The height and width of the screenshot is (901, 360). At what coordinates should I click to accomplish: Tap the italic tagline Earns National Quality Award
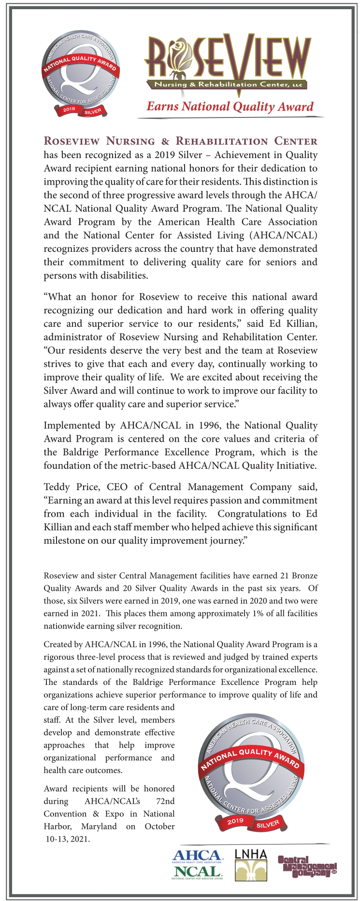tap(230, 107)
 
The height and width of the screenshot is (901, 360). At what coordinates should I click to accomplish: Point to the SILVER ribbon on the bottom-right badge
tap(268, 824)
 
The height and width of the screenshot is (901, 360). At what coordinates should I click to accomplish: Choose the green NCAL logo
tap(197, 872)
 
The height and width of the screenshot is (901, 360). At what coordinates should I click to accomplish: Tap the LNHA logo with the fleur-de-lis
tap(251, 865)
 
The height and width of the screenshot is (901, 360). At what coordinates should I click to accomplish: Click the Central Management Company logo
tap(307, 866)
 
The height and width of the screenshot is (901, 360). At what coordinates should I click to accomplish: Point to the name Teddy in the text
tap(57, 487)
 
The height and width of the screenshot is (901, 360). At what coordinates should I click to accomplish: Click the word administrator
tap(72, 337)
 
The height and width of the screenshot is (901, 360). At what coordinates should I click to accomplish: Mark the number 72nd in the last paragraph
tap(166, 801)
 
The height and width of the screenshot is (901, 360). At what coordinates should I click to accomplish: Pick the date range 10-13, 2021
tap(68, 839)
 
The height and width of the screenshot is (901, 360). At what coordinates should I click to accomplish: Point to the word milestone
tap(64, 540)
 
